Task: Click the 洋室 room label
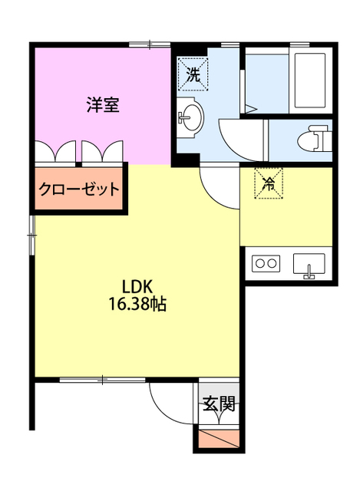(102, 106)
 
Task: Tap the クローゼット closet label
(79, 189)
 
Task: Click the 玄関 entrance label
(218, 405)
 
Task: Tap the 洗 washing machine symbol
(192, 74)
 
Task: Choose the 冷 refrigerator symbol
(269, 183)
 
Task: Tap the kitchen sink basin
(310, 265)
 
